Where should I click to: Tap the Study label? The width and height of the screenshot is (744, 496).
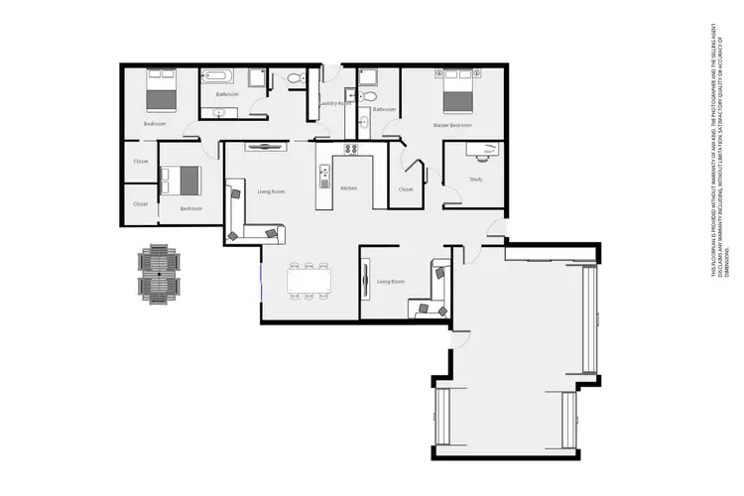pyautogui.click(x=476, y=179)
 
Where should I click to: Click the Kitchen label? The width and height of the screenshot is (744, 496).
pyautogui.click(x=348, y=187)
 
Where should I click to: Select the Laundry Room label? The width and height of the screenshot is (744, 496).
pyautogui.click(x=334, y=103)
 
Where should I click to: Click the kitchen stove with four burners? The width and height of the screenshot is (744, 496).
pyautogui.click(x=350, y=149)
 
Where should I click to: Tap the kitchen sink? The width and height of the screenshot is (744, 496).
pyautogui.click(x=323, y=176)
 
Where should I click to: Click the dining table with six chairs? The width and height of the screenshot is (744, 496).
pyautogui.click(x=309, y=281)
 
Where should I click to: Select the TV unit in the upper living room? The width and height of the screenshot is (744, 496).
pyautogui.click(x=265, y=146)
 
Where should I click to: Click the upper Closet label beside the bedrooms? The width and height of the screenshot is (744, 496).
pyautogui.click(x=141, y=161)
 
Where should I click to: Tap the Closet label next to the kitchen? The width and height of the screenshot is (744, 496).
pyautogui.click(x=405, y=188)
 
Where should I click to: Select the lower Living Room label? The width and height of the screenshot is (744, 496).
pyautogui.click(x=392, y=283)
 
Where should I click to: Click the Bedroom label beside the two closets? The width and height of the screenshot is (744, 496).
pyautogui.click(x=191, y=208)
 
